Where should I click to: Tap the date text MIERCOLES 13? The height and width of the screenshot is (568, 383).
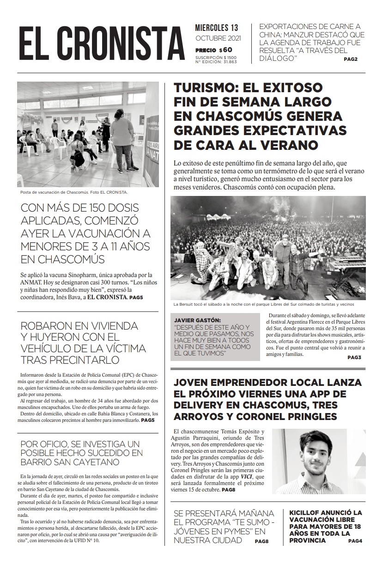tap(217, 29)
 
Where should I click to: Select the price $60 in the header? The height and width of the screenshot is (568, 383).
tap(226, 50)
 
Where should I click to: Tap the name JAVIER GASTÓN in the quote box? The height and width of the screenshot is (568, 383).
tap(198, 320)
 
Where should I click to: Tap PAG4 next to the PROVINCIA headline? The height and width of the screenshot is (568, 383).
tap(356, 540)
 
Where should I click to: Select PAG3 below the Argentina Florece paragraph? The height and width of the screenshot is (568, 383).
tap(354, 357)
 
